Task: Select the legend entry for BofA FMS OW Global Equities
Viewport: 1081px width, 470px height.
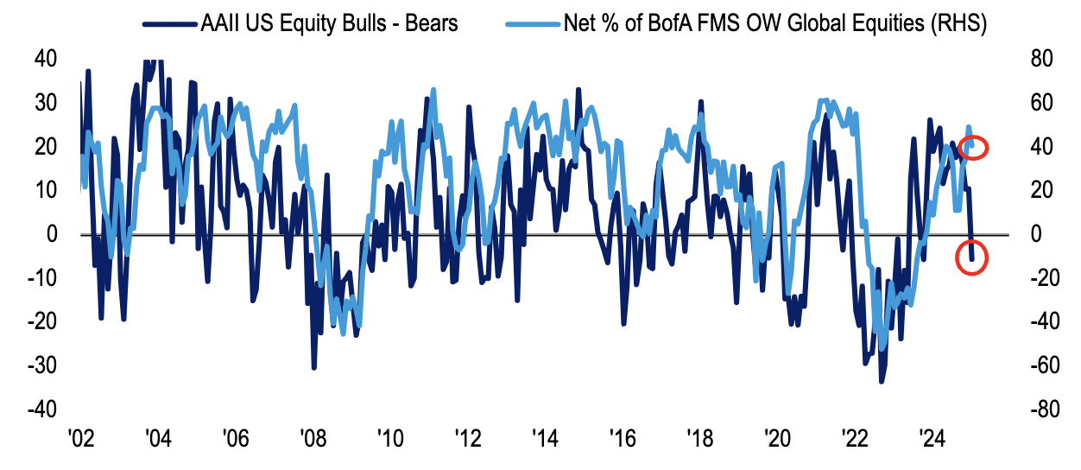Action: [774, 23]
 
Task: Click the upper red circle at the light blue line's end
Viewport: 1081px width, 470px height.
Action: [978, 147]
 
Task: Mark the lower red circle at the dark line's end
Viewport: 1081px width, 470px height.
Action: [971, 258]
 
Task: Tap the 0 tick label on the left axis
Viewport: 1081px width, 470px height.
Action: [50, 234]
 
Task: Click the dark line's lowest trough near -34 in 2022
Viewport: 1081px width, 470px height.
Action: [882, 381]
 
